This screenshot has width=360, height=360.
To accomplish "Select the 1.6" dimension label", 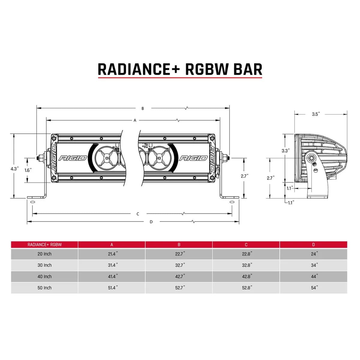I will (x=28, y=170).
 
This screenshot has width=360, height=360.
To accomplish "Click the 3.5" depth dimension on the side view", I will (x=316, y=114).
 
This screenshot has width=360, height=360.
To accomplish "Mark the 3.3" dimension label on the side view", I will (x=285, y=151).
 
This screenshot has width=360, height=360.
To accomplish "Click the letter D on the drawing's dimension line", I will (x=151, y=222).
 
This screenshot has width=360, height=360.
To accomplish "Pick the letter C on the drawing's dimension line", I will (x=138, y=214).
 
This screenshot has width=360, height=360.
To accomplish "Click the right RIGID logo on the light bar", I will (x=193, y=158).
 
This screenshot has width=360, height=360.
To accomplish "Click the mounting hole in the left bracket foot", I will (x=32, y=202).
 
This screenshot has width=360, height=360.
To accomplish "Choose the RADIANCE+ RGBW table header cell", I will (x=44, y=244).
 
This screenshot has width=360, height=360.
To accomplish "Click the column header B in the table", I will (x=179, y=244).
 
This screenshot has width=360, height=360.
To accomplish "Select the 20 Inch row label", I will (x=44, y=254).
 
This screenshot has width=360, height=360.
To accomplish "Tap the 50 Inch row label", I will (x=44, y=288).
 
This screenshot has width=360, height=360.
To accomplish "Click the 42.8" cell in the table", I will (x=247, y=277).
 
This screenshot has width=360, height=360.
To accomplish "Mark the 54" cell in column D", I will (x=314, y=288).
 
